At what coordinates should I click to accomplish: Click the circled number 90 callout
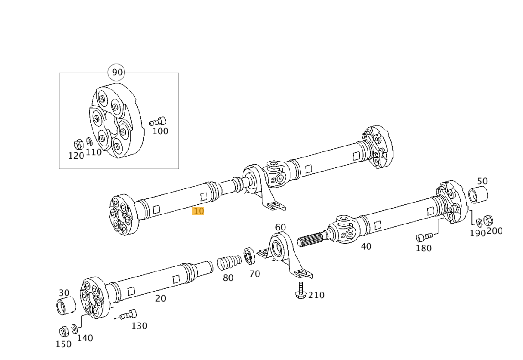[x=117, y=72]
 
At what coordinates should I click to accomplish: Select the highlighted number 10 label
[x=198, y=211]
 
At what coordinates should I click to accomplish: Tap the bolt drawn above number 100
[x=157, y=121]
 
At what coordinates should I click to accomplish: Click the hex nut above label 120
[x=78, y=145]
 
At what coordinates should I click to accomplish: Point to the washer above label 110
[x=89, y=142]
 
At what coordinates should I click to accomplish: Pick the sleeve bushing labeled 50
[x=478, y=195]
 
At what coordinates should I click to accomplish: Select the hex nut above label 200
[x=489, y=220]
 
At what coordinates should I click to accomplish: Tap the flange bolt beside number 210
[x=300, y=290]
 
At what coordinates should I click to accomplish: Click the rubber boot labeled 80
[x=229, y=262]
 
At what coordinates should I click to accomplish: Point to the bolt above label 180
[x=424, y=237]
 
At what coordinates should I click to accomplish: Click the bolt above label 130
[x=128, y=314]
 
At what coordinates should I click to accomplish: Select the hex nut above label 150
[x=64, y=331]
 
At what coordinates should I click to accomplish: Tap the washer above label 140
[x=74, y=329]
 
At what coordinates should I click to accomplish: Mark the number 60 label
[x=280, y=227]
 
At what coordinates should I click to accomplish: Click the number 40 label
[x=366, y=246]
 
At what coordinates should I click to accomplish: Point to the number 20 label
[x=161, y=298]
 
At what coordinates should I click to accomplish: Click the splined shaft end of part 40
[x=311, y=240]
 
